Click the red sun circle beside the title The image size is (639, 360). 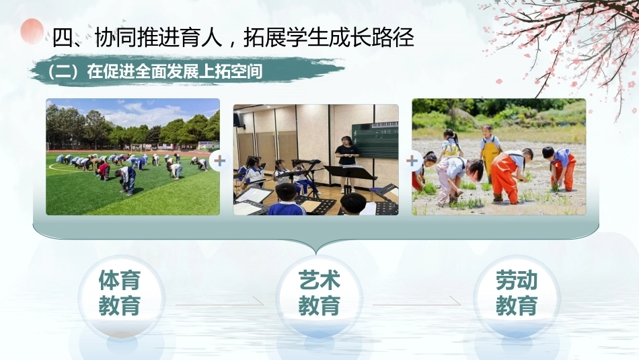pyautogui.click(x=32, y=31)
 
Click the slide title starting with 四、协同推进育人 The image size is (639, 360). pyautogui.click(x=233, y=38)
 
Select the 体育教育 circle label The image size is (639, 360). pyautogui.click(x=120, y=293)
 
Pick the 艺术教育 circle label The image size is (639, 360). pyautogui.click(x=319, y=293)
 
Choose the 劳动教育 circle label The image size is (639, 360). pyautogui.click(x=517, y=293)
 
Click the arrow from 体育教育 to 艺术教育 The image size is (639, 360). pyautogui.click(x=220, y=303)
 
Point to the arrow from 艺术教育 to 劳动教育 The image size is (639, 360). pyautogui.click(x=417, y=303)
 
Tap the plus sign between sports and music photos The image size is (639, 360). pyautogui.click(x=220, y=161)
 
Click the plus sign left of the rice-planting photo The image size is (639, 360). pyautogui.click(x=412, y=161)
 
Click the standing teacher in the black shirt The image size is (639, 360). pyautogui.click(x=347, y=163)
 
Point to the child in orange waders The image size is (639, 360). pyautogui.click(x=509, y=176)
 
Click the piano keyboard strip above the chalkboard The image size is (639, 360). pyautogui.click(x=385, y=124)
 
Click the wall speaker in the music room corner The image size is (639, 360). pyautogui.click(x=237, y=120)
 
